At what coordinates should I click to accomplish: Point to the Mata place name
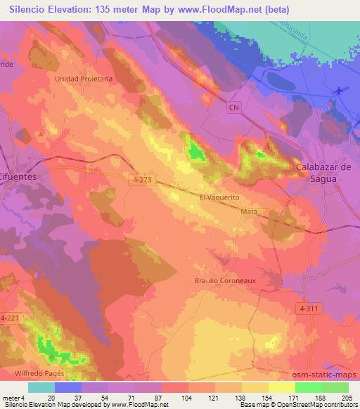click(248, 211)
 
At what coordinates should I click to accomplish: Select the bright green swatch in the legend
click(309, 387)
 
